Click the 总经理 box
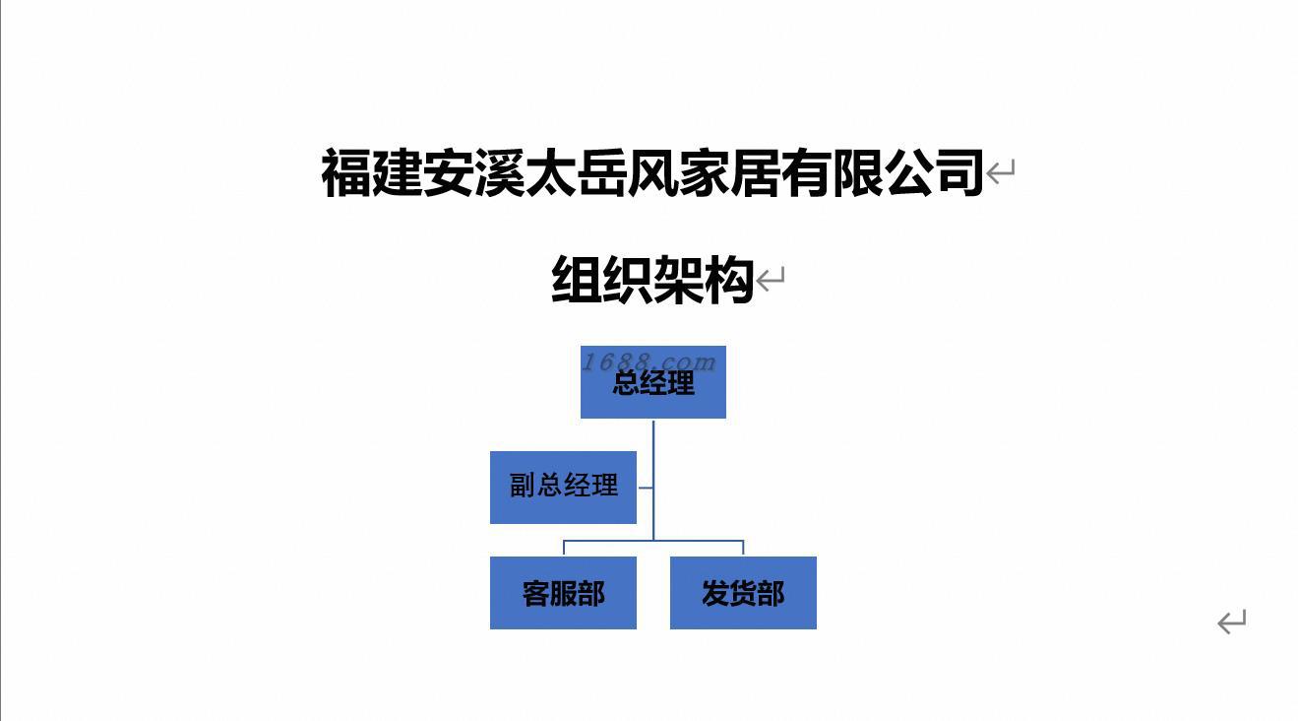653,394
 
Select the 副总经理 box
563,487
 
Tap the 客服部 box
563,593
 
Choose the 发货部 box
743,593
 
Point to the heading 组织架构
652,280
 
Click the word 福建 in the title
371,172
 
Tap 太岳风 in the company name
601,172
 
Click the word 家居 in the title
729,172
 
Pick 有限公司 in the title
883,172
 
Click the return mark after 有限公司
1001,173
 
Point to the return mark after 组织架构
771,280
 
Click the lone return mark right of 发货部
1231,622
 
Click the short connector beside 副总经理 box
645,487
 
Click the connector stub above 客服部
564,549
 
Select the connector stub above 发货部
743,549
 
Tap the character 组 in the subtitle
577,280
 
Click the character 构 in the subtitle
729,280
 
